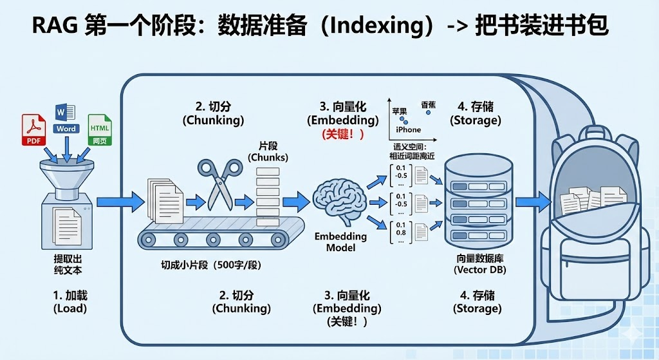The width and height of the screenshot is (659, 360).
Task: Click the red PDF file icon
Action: pyautogui.click(x=33, y=131)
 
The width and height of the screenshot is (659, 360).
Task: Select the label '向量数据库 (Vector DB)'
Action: pyautogui.click(x=479, y=264)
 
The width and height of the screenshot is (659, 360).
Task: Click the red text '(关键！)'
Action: pyautogui.click(x=343, y=134)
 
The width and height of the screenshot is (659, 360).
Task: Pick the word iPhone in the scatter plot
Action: pyautogui.click(x=408, y=130)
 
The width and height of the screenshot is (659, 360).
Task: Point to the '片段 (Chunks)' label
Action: pyautogui.click(x=268, y=152)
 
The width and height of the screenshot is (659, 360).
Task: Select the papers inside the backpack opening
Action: pyautogui.click(x=589, y=201)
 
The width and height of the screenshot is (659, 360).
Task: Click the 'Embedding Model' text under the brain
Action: pyautogui.click(x=340, y=242)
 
